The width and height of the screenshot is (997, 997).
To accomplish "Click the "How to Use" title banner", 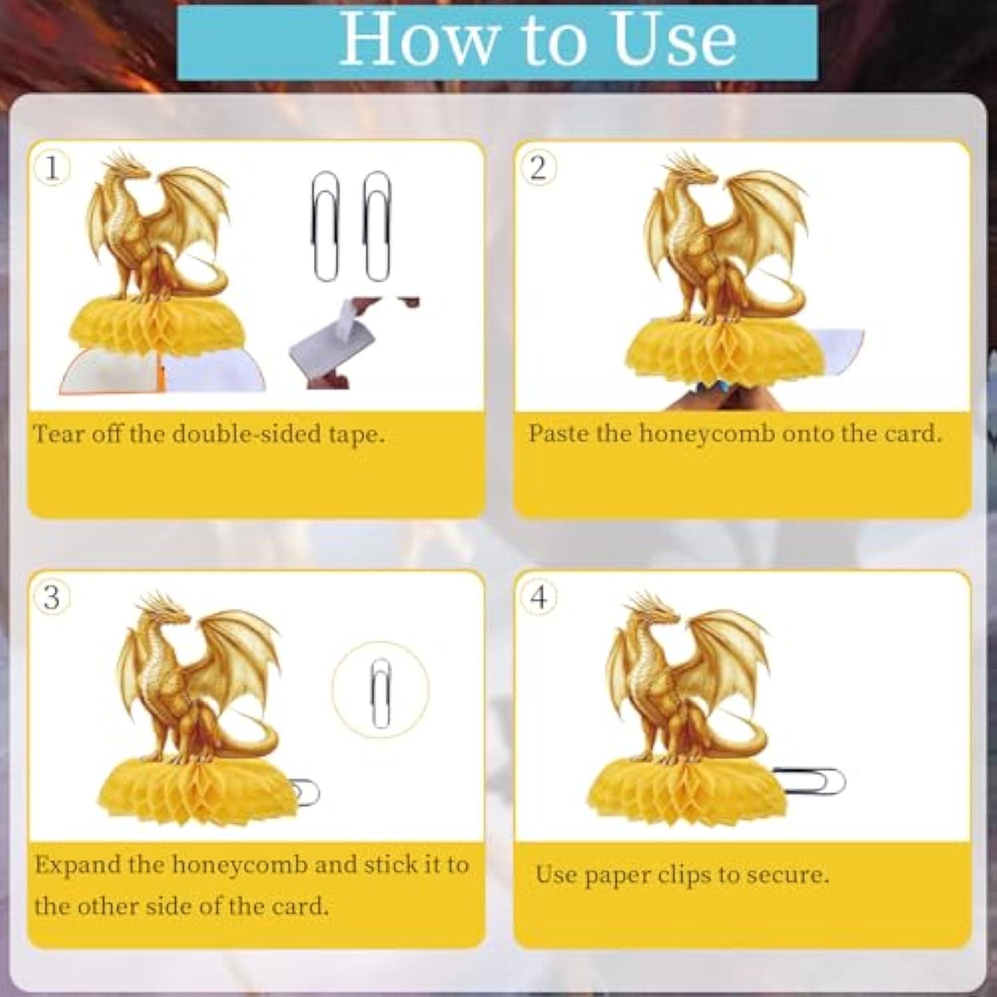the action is point(497,43).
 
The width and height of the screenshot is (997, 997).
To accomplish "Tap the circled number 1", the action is point(52,167).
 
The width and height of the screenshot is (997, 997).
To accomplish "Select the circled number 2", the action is point(538,167).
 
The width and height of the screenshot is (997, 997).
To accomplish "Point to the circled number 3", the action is point(52,597).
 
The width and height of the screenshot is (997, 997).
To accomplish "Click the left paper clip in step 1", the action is point(326,226).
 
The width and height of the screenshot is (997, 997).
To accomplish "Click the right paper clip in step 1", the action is point(377,226).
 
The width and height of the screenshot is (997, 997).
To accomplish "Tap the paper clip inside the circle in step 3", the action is point(380,693).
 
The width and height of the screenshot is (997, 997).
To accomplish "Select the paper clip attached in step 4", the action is point(808,780).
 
